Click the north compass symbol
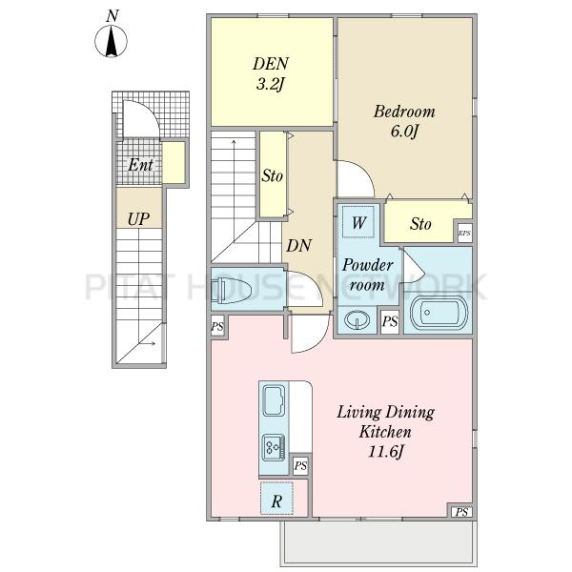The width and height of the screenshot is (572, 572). pyautogui.click(x=112, y=40)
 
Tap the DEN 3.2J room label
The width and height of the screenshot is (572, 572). pyautogui.click(x=271, y=74)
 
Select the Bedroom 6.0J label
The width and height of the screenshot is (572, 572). pyautogui.click(x=404, y=121)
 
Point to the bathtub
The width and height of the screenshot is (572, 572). pyautogui.click(x=439, y=313)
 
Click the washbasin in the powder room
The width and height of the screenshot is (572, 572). pyautogui.click(x=357, y=320)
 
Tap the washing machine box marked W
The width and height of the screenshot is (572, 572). pyautogui.click(x=358, y=222)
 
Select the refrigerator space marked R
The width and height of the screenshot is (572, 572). pyautogui.click(x=276, y=499)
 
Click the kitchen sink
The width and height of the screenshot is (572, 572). pyautogui.click(x=274, y=400)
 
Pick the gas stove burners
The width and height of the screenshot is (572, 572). pyautogui.click(x=274, y=447)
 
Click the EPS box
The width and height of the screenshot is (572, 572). pyautogui.click(x=465, y=234)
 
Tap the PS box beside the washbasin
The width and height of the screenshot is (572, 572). pyautogui.click(x=390, y=322)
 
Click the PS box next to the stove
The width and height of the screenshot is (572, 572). pyautogui.click(x=300, y=466)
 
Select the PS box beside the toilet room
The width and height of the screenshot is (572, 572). pyautogui.click(x=217, y=326)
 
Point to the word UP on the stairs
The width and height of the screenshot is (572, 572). pyautogui.click(x=138, y=219)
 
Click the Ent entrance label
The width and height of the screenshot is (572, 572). pyautogui.click(x=140, y=165)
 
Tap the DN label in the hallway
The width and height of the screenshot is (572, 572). pyautogui.click(x=298, y=246)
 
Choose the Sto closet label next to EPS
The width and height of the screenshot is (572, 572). pyautogui.click(x=420, y=224)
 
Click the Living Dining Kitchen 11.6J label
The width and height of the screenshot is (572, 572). pyautogui.click(x=385, y=432)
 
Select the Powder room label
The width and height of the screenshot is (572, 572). pyautogui.click(x=367, y=275)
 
